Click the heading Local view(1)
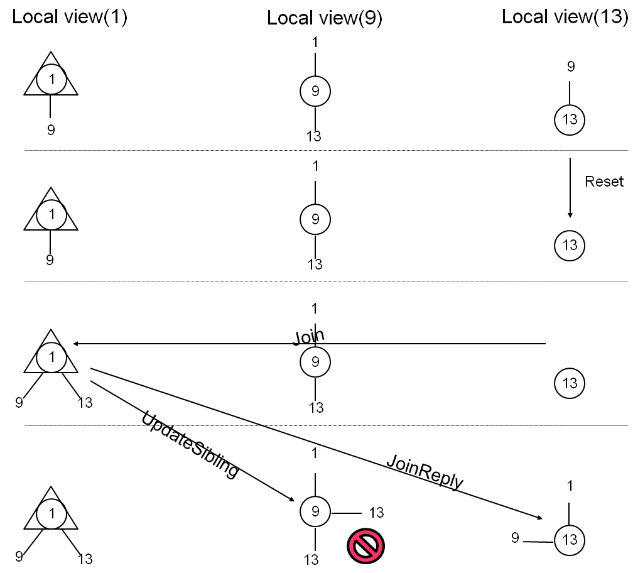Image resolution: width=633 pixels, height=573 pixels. point(70,17)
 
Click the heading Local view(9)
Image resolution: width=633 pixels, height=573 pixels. point(324,18)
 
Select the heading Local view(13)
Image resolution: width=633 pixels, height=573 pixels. point(564,17)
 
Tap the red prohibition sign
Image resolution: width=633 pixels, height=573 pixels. point(365,545)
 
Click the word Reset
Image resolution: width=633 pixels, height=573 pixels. point(604,182)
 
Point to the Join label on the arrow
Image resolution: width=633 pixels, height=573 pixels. point(308,337)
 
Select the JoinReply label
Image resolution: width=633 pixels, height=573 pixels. point(425,472)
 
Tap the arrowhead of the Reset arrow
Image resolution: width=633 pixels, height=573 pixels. point(570,215)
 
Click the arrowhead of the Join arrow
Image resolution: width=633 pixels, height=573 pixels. point(76,344)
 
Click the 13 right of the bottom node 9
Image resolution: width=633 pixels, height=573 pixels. point(376,513)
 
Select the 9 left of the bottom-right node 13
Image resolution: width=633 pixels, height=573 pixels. point(515,538)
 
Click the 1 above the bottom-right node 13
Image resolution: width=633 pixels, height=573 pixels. point(569,486)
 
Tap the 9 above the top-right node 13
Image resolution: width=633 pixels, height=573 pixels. point(570,67)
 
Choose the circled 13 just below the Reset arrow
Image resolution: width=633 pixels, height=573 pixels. point(570,245)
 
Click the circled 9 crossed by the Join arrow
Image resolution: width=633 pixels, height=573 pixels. point(315,361)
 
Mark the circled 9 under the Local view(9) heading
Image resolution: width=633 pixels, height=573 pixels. point(315,91)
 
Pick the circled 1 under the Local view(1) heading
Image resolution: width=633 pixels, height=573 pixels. point(51,80)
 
